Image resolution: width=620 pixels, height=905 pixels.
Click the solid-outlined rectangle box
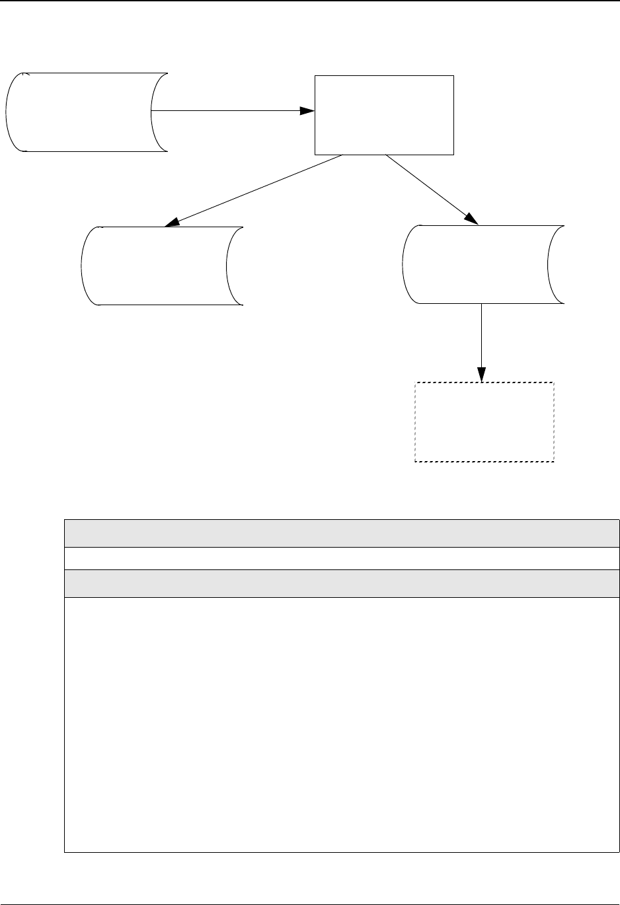[x=384, y=115]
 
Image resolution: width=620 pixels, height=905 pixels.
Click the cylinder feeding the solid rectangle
[x=86, y=112]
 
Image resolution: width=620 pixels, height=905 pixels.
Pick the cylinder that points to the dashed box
[x=483, y=264]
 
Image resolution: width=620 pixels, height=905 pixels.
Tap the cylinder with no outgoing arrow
[x=162, y=266]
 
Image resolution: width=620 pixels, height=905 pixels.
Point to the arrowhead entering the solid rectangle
[x=307, y=111]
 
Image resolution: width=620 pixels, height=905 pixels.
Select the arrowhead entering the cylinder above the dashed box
[x=471, y=219]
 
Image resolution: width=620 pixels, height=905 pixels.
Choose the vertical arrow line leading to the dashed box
[x=481, y=337]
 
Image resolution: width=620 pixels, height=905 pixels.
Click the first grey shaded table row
[x=342, y=533]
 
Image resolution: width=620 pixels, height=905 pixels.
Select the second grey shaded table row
[x=342, y=583]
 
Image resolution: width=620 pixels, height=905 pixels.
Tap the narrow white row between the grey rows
[x=342, y=558]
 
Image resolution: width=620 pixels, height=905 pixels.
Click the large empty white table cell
[x=342, y=724]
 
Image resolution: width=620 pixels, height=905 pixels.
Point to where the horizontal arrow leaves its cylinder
[x=153, y=111]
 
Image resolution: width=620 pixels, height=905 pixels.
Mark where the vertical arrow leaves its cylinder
[x=481, y=305]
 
